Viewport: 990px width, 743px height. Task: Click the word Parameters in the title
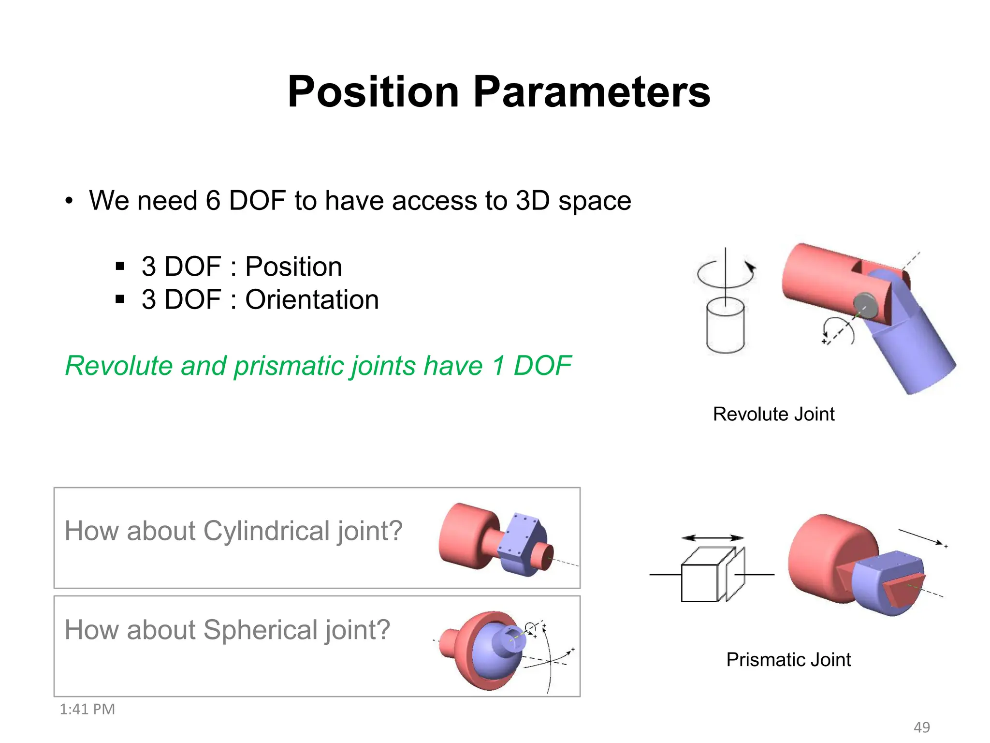[591, 92]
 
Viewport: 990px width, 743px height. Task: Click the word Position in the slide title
[373, 92]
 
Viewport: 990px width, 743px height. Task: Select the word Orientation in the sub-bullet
[312, 299]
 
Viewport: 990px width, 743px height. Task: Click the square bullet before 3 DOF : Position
[120, 266]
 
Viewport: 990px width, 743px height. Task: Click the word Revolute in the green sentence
[118, 366]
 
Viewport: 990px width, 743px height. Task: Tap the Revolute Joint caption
[773, 414]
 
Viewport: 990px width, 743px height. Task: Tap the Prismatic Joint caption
[788, 660]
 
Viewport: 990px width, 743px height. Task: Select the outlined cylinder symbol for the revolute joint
[725, 327]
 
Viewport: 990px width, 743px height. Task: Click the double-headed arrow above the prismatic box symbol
[713, 537]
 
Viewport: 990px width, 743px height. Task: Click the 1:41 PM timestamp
[87, 709]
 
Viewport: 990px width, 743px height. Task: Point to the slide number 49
[921, 727]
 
